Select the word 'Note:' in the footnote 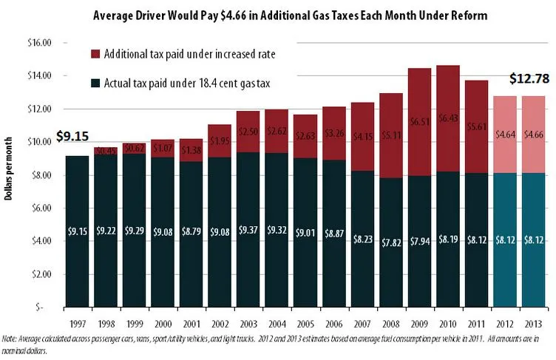point(10,339)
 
